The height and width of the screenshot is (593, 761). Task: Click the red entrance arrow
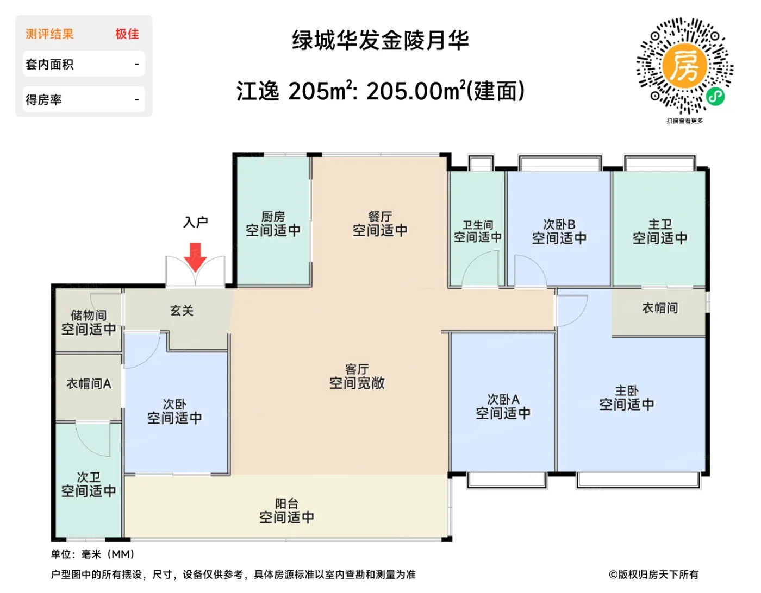[195, 257]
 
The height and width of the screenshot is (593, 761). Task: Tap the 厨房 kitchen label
[273, 217]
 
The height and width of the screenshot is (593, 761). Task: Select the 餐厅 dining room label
[380, 217]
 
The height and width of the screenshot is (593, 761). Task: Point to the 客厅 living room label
[357, 369]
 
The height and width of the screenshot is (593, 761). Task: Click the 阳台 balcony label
[286, 504]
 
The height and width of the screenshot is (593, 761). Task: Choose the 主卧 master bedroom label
[627, 391]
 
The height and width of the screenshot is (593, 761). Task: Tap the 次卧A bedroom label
[503, 400]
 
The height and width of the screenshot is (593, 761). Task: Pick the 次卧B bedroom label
[559, 224]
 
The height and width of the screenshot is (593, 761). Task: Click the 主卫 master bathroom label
[660, 224]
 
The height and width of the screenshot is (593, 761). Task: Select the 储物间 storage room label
[89, 315]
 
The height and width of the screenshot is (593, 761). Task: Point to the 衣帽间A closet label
[89, 384]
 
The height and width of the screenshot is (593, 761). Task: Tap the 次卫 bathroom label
[89, 477]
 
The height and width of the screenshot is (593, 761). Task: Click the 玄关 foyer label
[182, 310]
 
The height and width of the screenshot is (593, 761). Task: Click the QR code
[685, 66]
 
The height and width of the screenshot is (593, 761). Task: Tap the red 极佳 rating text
[128, 34]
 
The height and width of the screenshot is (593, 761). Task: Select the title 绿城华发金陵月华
[380, 41]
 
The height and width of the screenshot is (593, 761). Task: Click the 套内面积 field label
[49, 65]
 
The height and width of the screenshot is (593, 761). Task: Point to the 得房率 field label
[43, 100]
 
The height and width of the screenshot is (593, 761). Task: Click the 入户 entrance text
[196, 222]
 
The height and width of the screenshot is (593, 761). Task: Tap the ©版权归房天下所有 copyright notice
[653, 575]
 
